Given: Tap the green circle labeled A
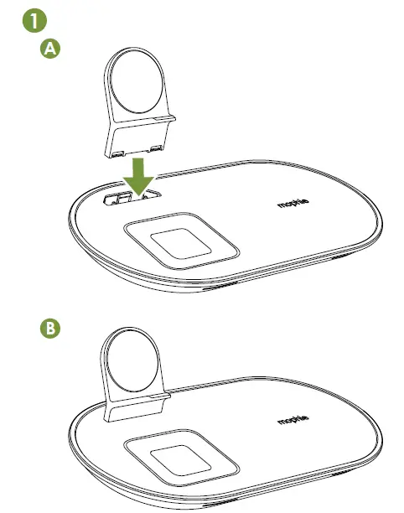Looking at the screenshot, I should pyautogui.click(x=52, y=49).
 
